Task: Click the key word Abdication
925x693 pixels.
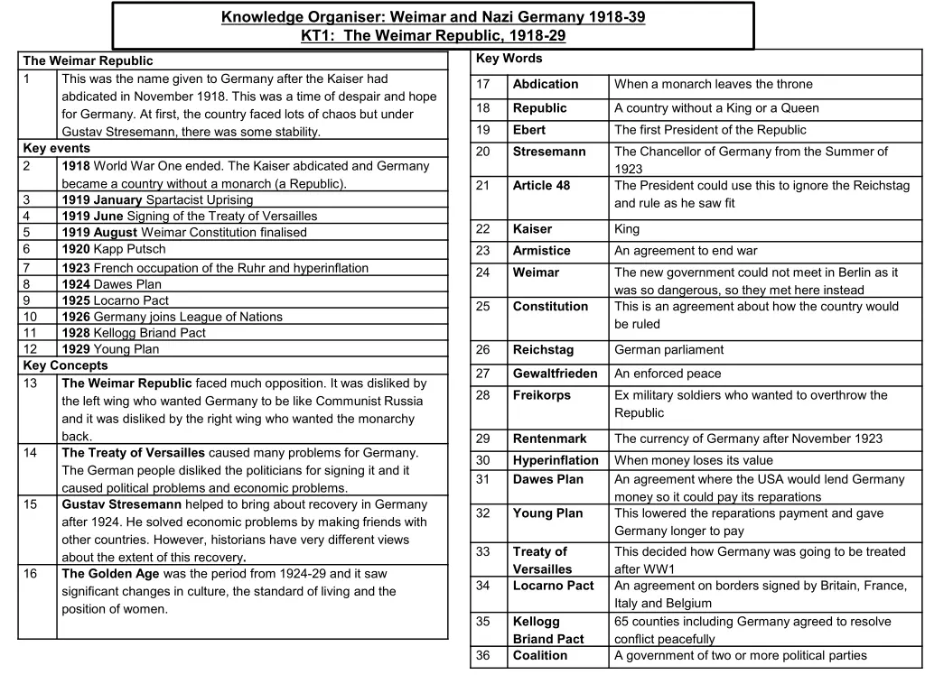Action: pos(546,84)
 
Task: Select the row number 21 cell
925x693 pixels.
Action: pos(483,185)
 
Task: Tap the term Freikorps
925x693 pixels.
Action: pos(542,395)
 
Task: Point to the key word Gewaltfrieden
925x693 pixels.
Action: pos(555,374)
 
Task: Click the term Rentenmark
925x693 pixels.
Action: pos(549,439)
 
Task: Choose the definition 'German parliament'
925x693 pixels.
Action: pos(669,350)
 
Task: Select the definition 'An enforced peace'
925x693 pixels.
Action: pos(668,374)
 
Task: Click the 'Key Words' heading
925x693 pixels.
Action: pos(509,59)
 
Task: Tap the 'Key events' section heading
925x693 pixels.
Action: pos(57,148)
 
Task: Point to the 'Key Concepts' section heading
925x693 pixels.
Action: pos(65,365)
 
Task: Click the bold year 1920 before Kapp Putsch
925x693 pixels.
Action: pos(76,249)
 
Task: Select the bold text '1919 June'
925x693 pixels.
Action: pos(92,216)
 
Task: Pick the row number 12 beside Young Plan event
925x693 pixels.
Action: pos(31,349)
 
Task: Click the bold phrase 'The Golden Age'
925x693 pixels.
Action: pos(110,574)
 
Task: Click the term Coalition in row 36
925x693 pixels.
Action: pos(540,656)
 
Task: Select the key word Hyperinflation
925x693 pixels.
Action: pos(556,460)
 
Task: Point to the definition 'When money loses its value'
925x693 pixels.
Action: pos(694,460)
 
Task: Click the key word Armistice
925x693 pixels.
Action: pos(542,251)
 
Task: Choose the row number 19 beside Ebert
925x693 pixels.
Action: pos(483,130)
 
